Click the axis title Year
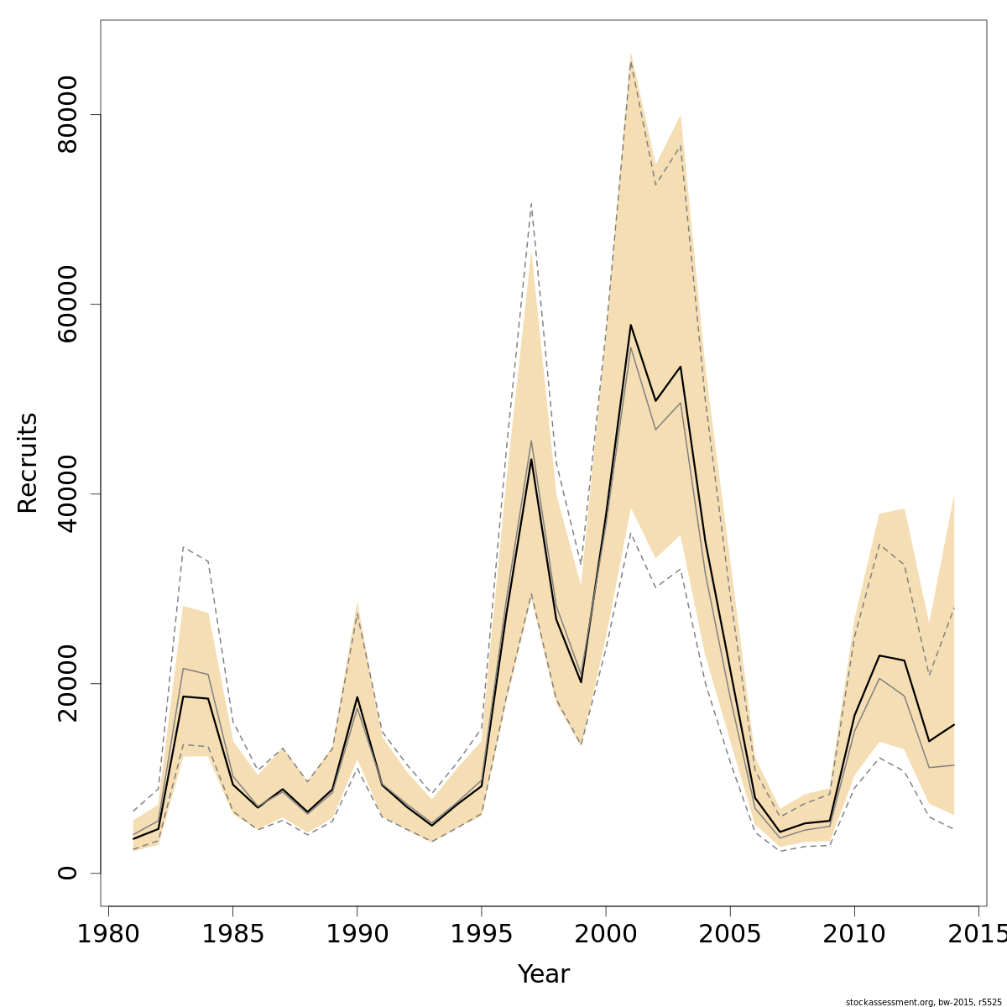click(x=543, y=974)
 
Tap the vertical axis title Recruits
click(x=28, y=462)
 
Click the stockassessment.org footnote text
click(x=923, y=1001)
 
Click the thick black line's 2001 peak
click(x=630, y=325)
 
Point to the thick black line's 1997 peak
click(x=531, y=459)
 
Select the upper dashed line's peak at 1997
click(x=531, y=203)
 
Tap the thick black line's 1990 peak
click(x=357, y=697)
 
